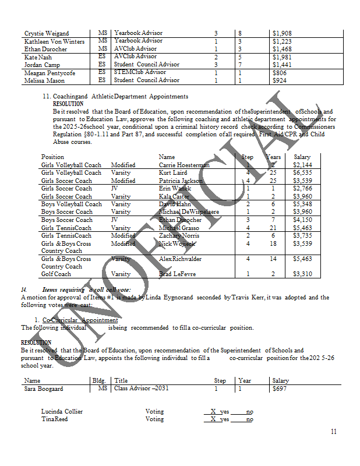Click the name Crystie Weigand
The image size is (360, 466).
point(47,34)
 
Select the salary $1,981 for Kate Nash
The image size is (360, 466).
point(283,57)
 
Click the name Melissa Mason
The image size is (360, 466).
point(44,80)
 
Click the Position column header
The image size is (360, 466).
point(52,157)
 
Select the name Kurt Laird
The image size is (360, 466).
point(173,173)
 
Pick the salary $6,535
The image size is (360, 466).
point(302,173)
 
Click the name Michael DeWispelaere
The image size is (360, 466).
point(189,212)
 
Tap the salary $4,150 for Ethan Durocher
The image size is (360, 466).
point(302,220)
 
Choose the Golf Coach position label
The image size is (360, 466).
point(56,274)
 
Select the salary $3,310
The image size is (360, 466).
point(302,274)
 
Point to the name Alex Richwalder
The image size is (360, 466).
point(181,259)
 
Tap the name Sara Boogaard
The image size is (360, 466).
point(42,389)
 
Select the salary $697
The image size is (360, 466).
point(280,389)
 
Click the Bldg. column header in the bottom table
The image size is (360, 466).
point(99,380)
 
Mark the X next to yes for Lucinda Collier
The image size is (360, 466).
point(213,411)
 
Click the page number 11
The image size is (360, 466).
point(333,432)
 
